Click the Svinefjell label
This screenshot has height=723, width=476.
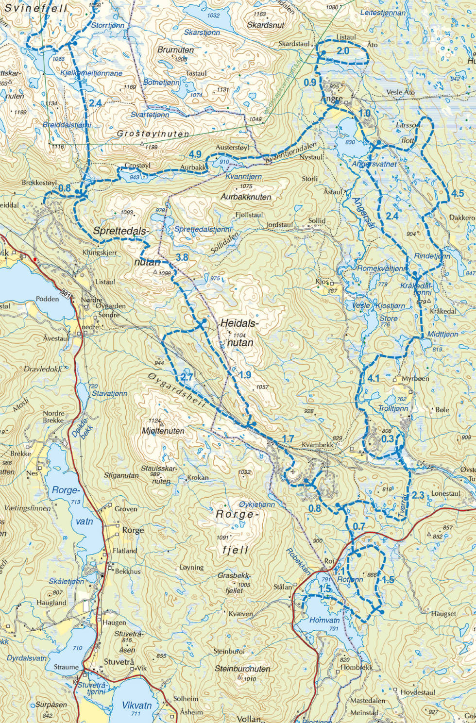35,8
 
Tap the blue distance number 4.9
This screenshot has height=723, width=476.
195,154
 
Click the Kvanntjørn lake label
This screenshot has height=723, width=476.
243,177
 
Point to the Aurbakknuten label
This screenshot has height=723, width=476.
246,197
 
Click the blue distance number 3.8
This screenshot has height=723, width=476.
182,257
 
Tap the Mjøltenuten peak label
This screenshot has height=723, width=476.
163,431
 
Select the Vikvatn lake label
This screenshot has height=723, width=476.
136,705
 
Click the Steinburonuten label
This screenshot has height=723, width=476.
242,669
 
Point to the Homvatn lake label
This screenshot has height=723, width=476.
324,620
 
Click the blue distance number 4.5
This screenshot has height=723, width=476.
458,193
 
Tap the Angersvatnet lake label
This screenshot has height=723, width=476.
374,164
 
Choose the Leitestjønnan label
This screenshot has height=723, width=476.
383,13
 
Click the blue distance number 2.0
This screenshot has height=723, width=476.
343,51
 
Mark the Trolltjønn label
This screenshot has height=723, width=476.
393,408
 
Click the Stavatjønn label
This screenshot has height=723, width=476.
110,393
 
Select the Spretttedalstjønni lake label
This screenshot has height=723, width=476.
203,229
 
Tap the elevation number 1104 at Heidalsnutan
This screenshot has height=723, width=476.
239,335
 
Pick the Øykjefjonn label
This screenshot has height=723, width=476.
257,504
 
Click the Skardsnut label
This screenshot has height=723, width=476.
266,25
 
